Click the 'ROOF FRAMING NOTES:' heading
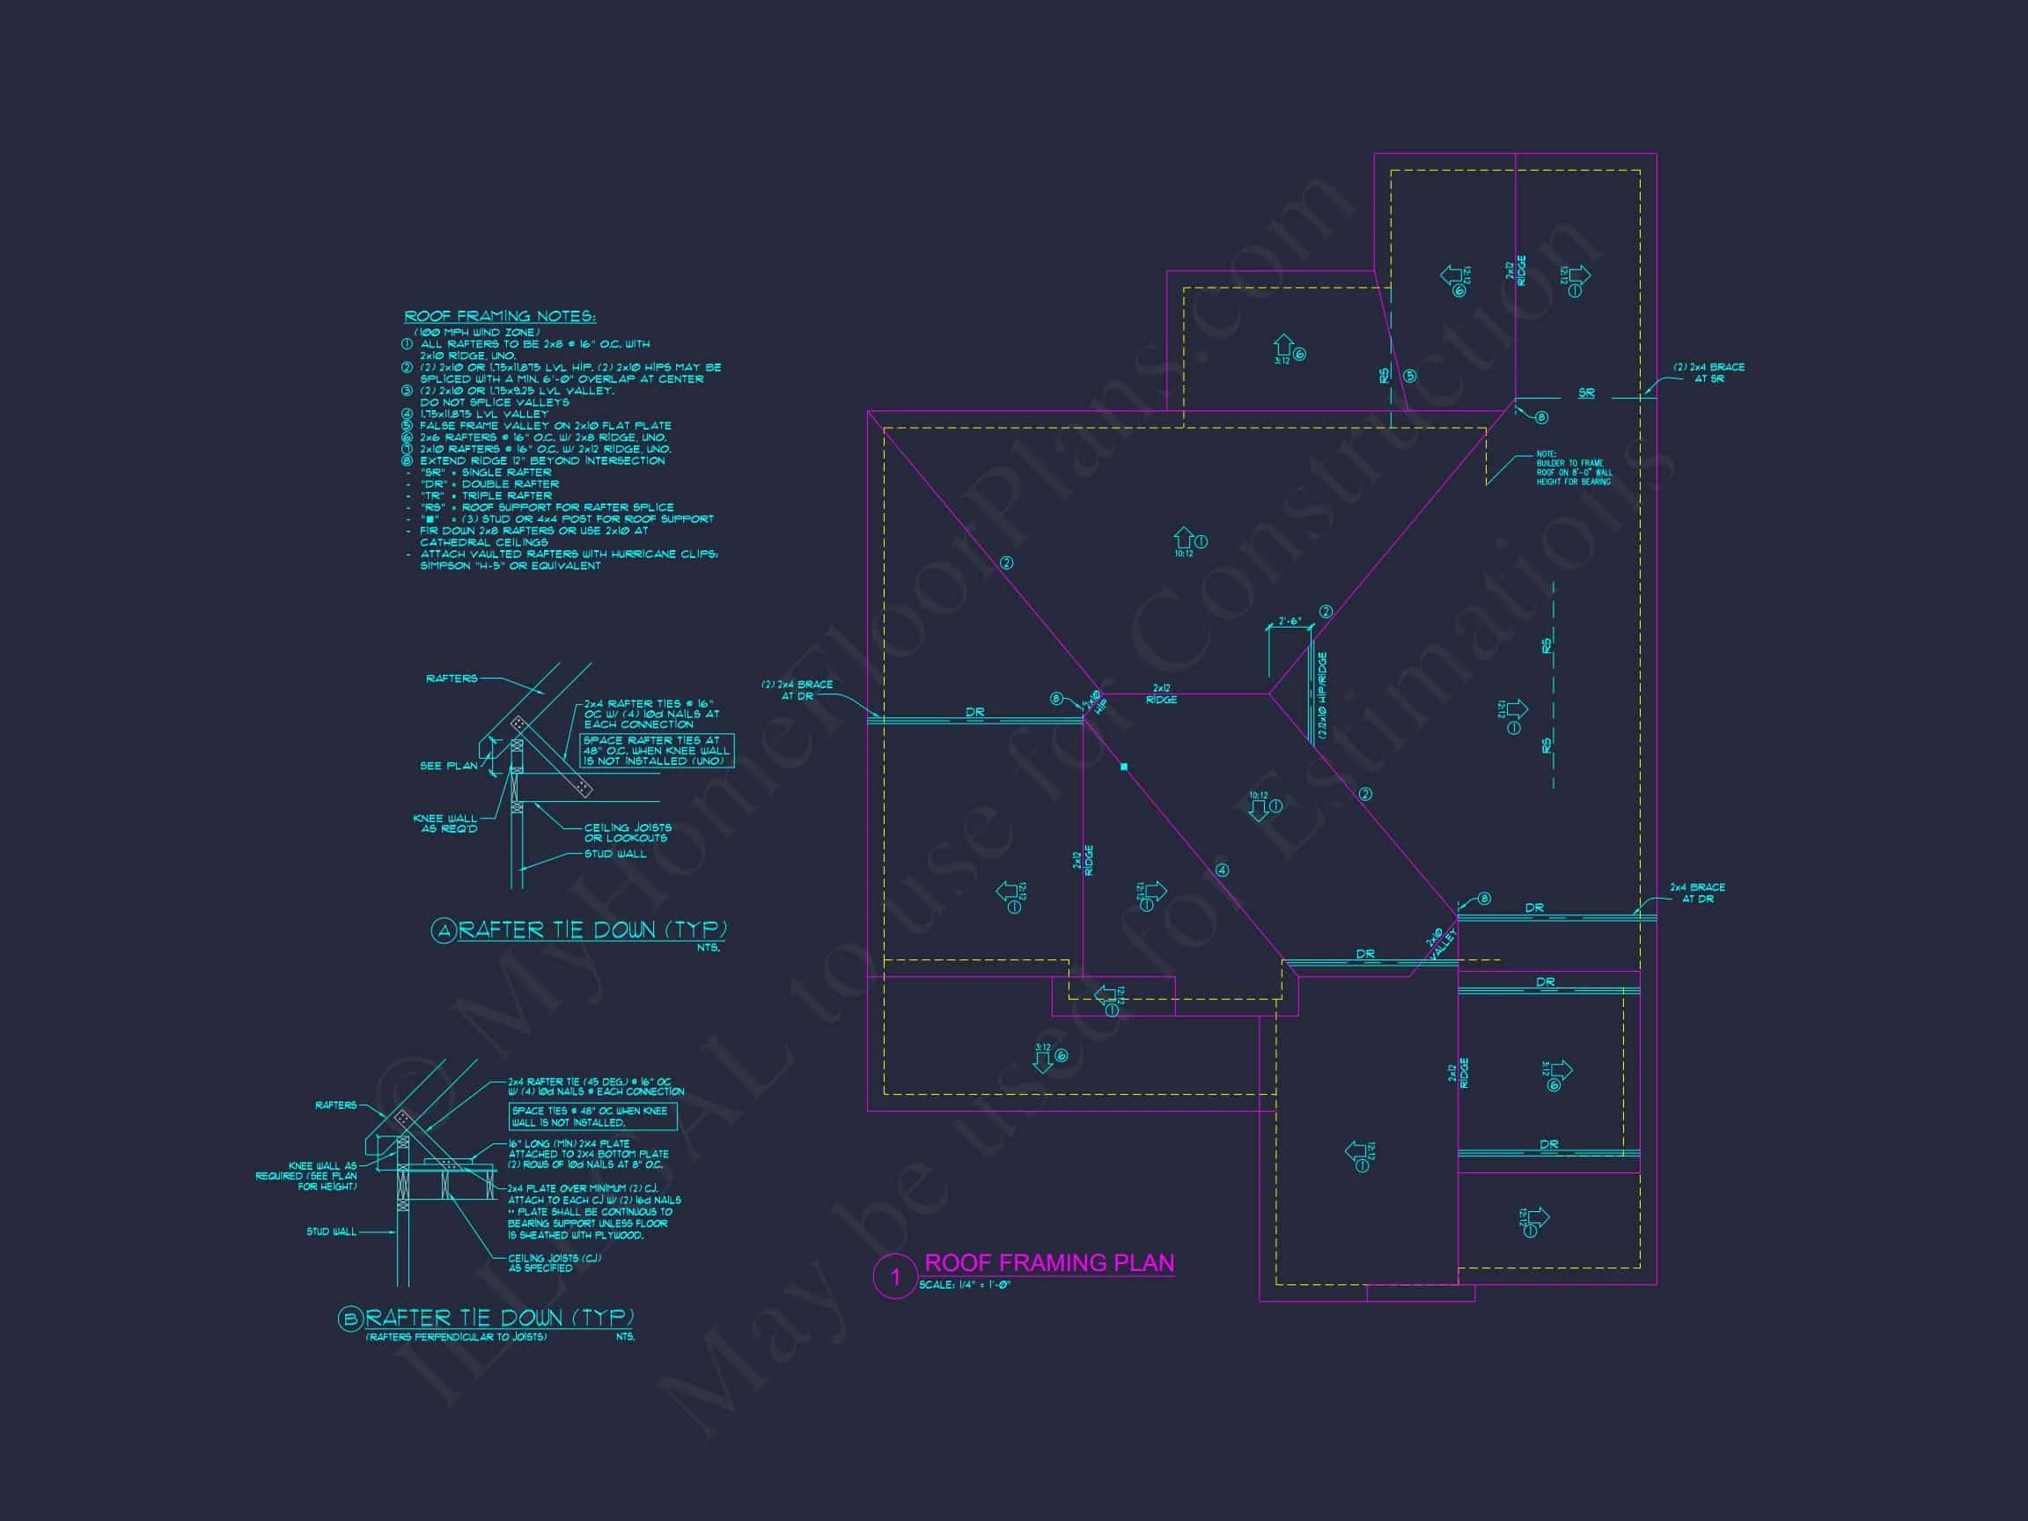[x=500, y=316]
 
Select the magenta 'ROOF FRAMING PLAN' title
[x=1049, y=1262]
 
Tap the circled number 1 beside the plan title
[x=895, y=1277]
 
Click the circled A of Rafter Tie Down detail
[x=444, y=931]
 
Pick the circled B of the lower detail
[x=350, y=1319]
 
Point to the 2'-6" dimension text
[x=1289, y=621]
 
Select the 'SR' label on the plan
[x=1586, y=393]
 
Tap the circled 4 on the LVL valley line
[x=1222, y=870]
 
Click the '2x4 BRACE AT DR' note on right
[x=1697, y=893]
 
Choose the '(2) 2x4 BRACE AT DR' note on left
[x=797, y=689]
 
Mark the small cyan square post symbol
[x=1124, y=767]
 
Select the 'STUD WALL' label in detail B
[x=331, y=1231]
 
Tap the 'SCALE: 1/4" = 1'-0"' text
[x=964, y=1285]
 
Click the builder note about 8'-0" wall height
[x=1573, y=467]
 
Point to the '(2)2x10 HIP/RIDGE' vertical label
[x=1322, y=697]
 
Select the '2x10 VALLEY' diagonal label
[x=1439, y=944]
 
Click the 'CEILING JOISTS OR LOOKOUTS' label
[x=627, y=833]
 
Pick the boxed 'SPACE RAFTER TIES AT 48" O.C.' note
[x=657, y=750]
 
